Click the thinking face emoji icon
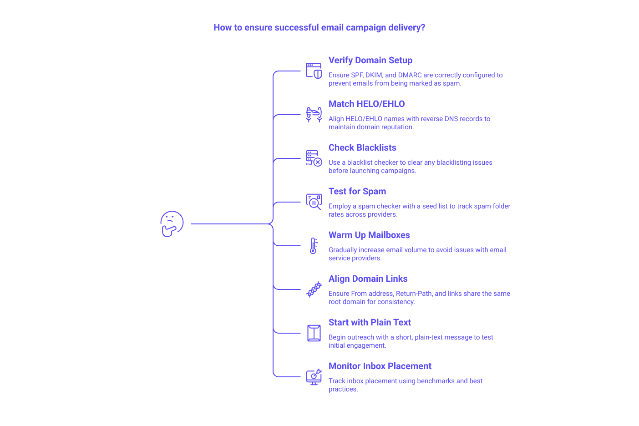click(x=172, y=224)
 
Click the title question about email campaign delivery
click(x=319, y=28)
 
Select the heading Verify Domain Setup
click(x=370, y=61)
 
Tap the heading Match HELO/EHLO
click(x=367, y=104)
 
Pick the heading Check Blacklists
click(x=363, y=148)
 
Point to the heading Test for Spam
click(x=357, y=192)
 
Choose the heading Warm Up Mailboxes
click(x=370, y=235)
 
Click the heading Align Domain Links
click(x=368, y=279)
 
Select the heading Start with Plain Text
click(x=370, y=323)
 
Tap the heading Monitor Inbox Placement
click(x=380, y=366)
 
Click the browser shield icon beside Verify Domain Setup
click(x=314, y=71)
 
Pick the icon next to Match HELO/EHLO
click(x=314, y=115)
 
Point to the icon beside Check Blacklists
click(x=314, y=158)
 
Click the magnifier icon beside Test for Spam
click(x=314, y=202)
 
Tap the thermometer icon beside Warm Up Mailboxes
click(x=313, y=246)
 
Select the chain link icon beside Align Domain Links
click(x=314, y=289)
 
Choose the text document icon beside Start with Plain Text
click(x=314, y=333)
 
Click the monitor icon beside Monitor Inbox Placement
click(x=314, y=377)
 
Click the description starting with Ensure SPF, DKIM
click(x=416, y=80)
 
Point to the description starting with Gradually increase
click(x=417, y=254)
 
